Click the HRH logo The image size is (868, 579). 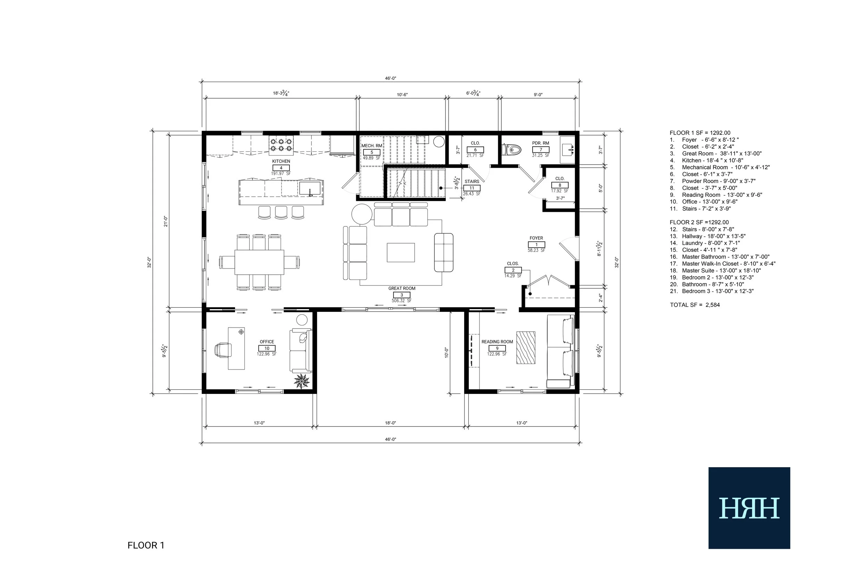pyautogui.click(x=749, y=508)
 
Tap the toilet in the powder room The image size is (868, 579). pyautogui.click(x=511, y=150)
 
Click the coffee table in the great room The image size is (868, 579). pyautogui.click(x=401, y=253)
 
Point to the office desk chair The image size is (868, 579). pyautogui.click(x=223, y=350)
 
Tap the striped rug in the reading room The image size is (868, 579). pyautogui.click(x=526, y=348)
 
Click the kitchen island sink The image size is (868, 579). pyautogui.click(x=310, y=188)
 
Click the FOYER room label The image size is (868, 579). pyautogui.click(x=536, y=238)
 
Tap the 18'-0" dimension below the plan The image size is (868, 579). pyautogui.click(x=391, y=423)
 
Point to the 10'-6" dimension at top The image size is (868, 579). pyautogui.click(x=402, y=95)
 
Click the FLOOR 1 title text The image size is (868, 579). pyautogui.click(x=146, y=545)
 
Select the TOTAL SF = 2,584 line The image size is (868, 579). pyautogui.click(x=695, y=305)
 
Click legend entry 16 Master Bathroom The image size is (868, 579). pyautogui.click(x=720, y=257)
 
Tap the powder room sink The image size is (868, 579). pyautogui.click(x=568, y=150)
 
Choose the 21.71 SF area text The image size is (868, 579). pyautogui.click(x=475, y=156)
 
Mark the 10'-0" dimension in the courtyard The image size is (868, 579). pyautogui.click(x=446, y=352)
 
